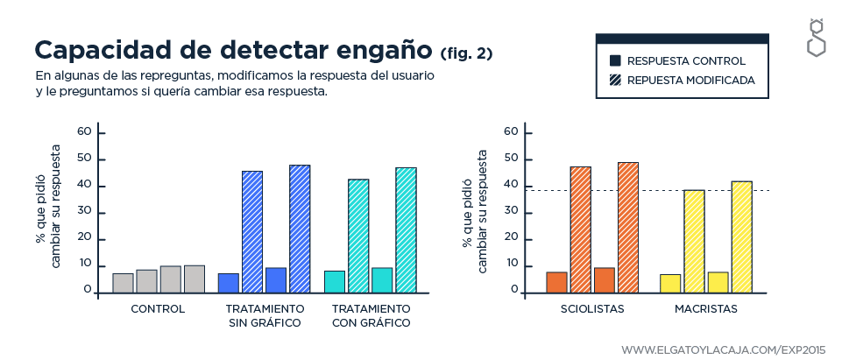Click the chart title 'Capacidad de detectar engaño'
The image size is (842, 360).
click(x=233, y=49)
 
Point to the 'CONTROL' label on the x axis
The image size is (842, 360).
click(x=158, y=309)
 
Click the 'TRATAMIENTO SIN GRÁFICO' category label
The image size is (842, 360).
click(x=265, y=316)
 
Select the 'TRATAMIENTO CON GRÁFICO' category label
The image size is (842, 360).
click(x=371, y=316)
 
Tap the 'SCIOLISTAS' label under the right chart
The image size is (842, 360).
click(x=592, y=309)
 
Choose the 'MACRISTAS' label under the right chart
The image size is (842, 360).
click(x=706, y=309)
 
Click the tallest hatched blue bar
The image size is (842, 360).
click(x=300, y=228)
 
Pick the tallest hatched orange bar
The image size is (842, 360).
click(x=628, y=227)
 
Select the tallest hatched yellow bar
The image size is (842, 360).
click(x=742, y=236)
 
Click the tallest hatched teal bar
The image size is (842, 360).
click(x=406, y=229)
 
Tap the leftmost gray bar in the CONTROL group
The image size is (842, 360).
click(x=124, y=283)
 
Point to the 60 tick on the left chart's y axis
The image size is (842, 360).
click(x=84, y=132)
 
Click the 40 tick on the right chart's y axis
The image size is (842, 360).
click(x=509, y=186)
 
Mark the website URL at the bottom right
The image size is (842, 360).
click(x=724, y=349)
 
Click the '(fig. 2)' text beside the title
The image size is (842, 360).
click(x=466, y=53)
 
